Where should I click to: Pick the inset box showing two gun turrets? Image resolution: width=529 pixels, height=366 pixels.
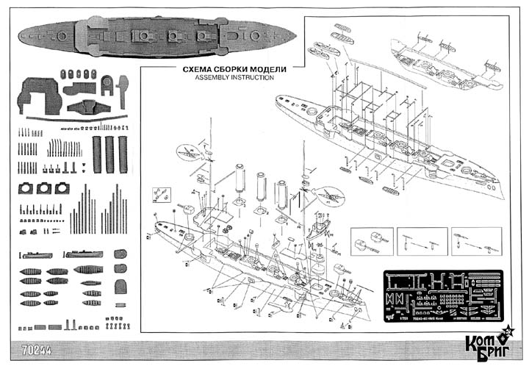(x=370, y=241)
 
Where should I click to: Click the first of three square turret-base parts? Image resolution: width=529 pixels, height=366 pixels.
(x=28, y=189)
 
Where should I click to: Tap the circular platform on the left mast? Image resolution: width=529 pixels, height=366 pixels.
(x=191, y=153)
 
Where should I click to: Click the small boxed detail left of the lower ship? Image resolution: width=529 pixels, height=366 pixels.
(x=158, y=194)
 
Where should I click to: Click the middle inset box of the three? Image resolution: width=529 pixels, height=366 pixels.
(x=422, y=241)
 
